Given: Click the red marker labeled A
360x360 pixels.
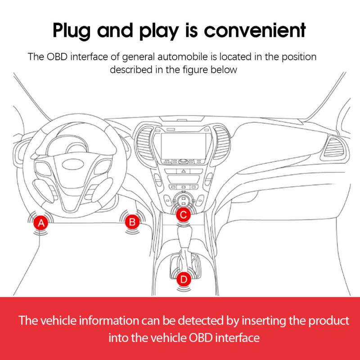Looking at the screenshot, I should point(41,223).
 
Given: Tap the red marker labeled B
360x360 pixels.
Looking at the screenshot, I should point(132,221).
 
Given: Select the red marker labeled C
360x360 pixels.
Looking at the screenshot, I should point(183,215).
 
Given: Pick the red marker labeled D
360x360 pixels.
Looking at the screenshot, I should point(183,279).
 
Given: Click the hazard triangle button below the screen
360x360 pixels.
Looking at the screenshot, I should point(183,172).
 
